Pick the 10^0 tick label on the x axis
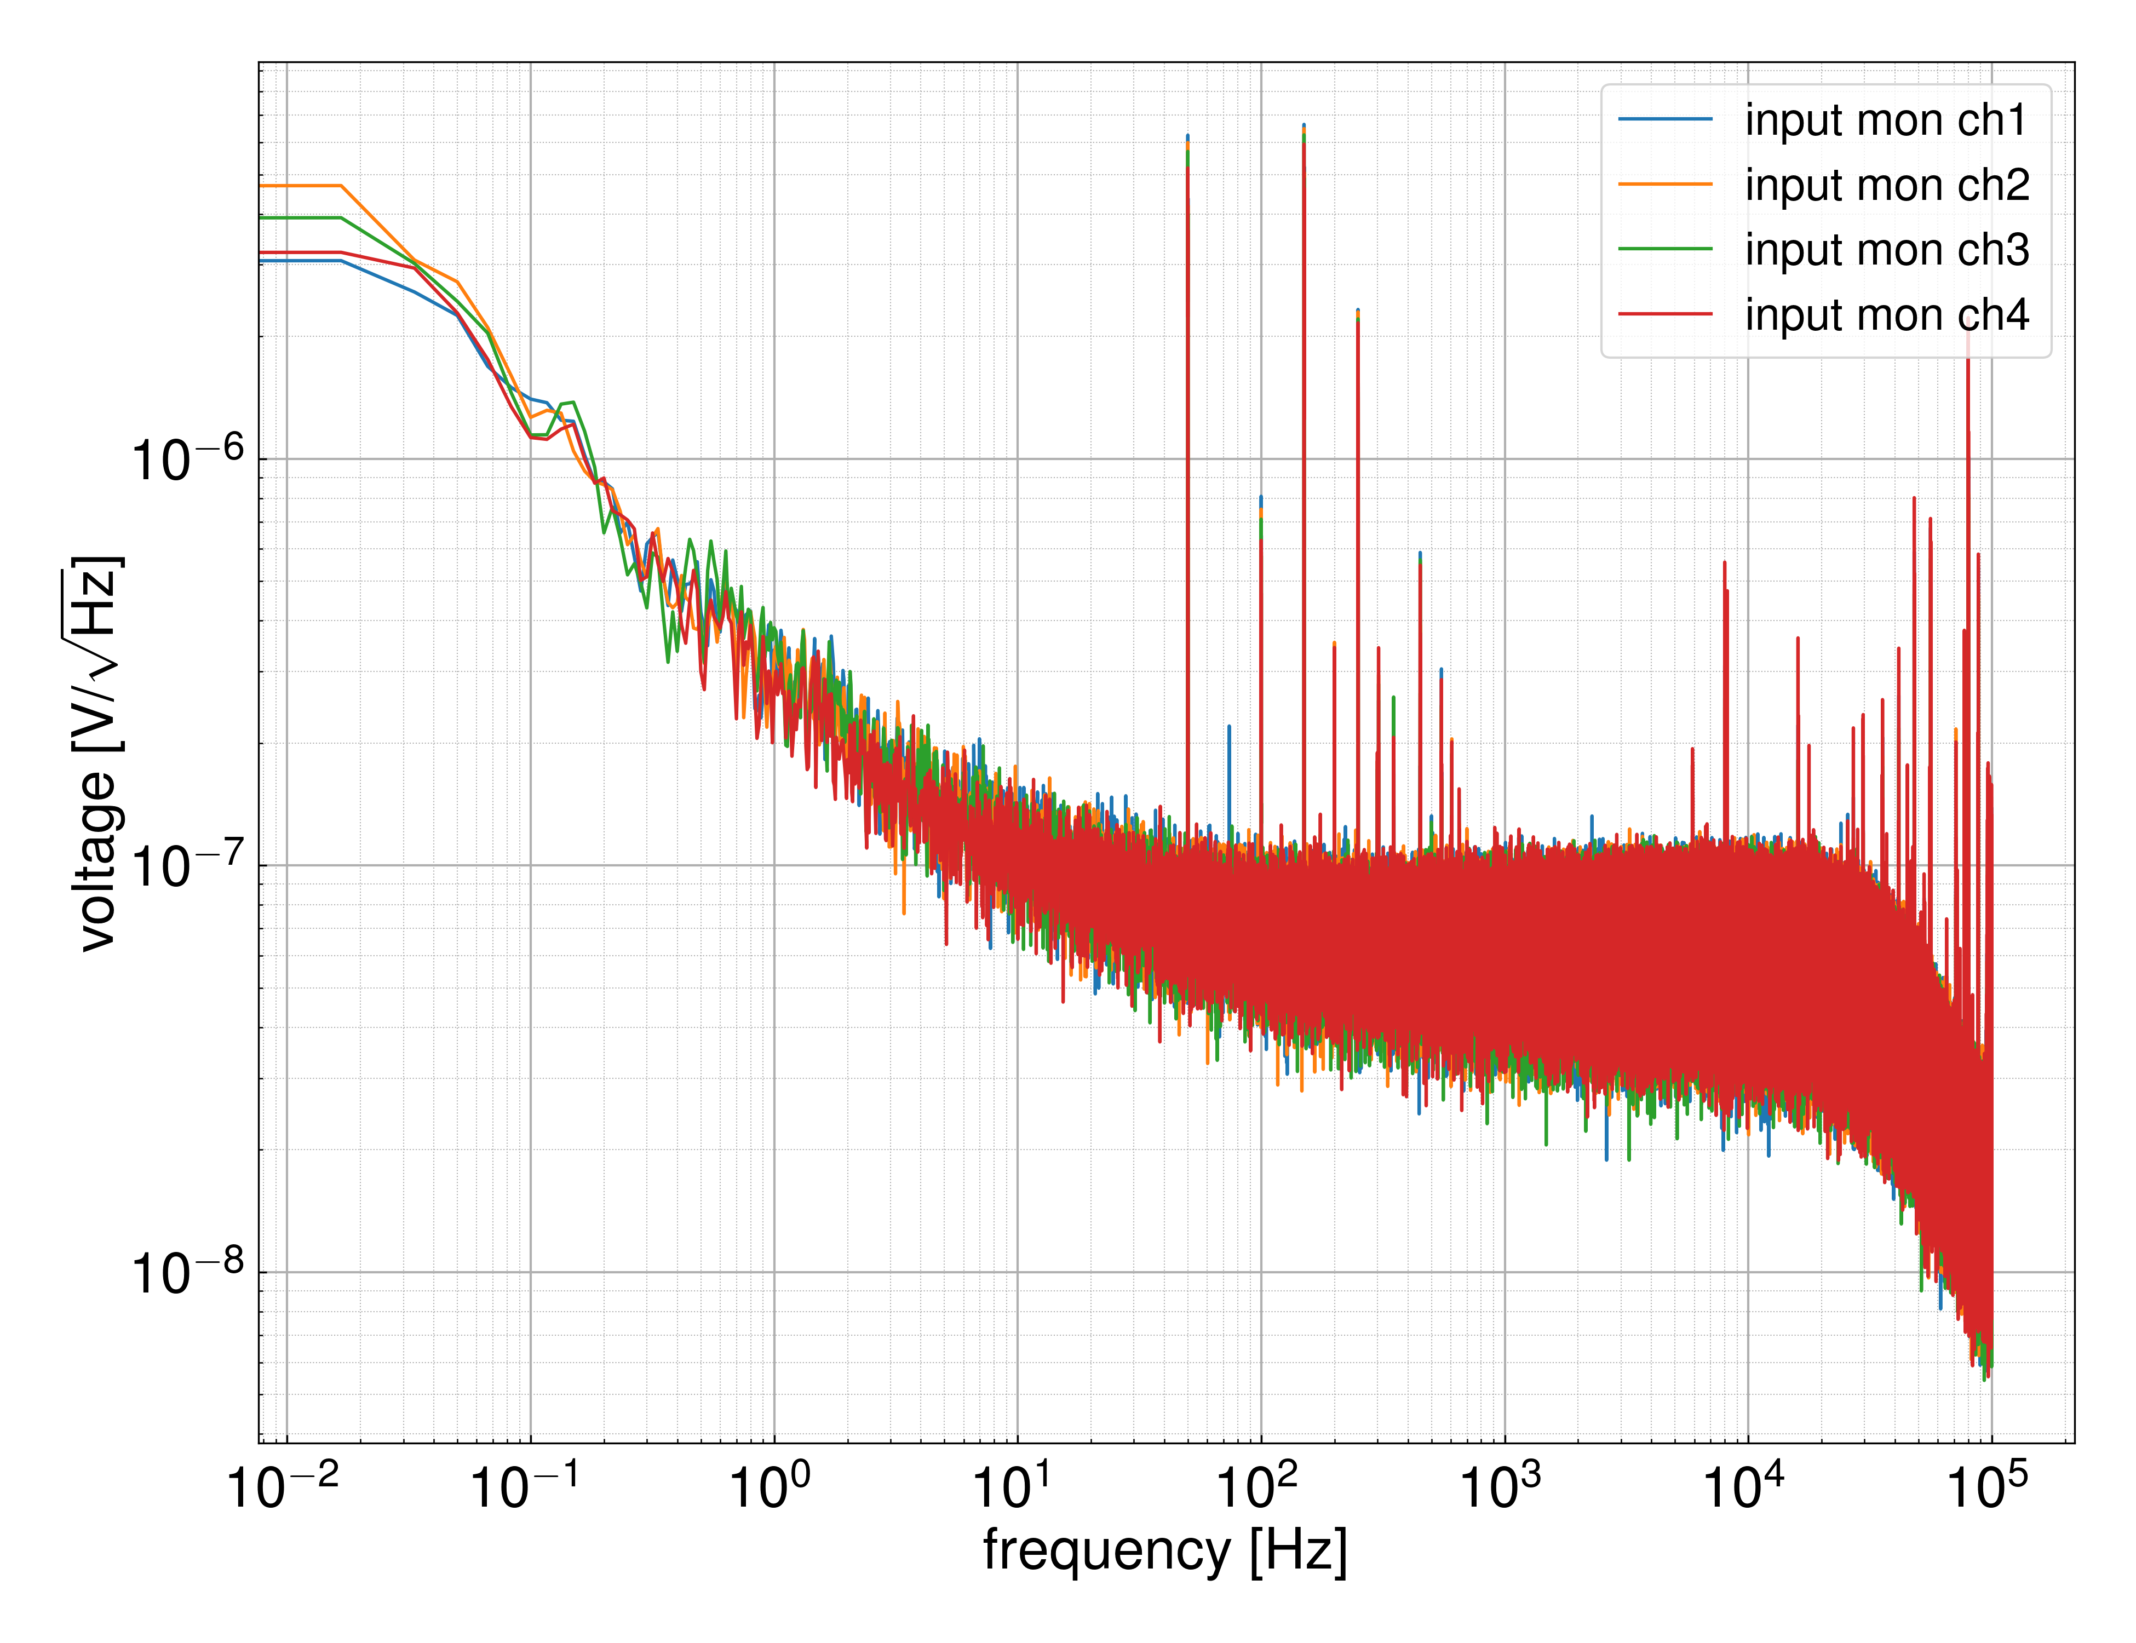pyautogui.click(x=771, y=1489)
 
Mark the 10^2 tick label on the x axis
pyautogui.click(x=1257, y=1489)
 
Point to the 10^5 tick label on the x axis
pyautogui.click(x=1988, y=1489)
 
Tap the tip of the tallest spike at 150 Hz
pyautogui.click(x=1304, y=126)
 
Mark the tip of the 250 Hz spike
pyautogui.click(x=1358, y=311)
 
